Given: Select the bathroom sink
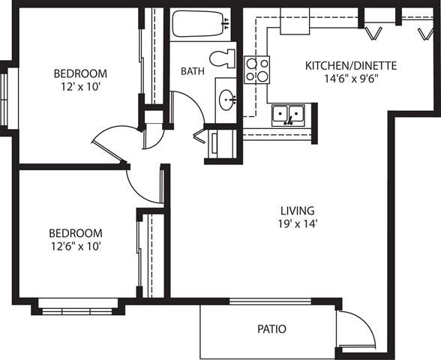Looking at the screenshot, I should (226, 98).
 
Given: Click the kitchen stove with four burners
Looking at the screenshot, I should (257, 70).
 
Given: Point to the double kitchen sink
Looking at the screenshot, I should (287, 114).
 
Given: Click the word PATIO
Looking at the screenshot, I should (271, 328).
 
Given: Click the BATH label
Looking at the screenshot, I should (193, 71).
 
